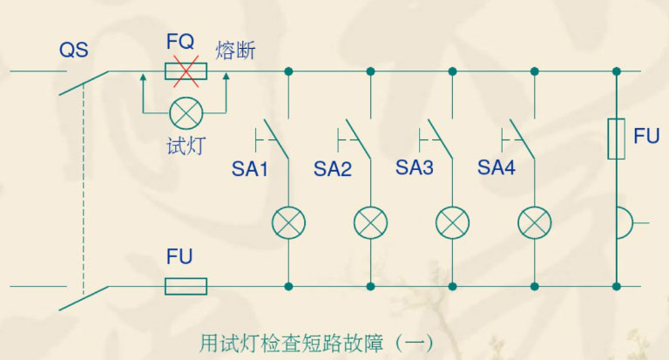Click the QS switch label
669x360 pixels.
pos(74,50)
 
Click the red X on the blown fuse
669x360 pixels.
pos(185,71)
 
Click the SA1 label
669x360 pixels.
pos(250,169)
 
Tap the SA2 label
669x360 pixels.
pos(333,169)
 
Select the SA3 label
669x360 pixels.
pos(415,167)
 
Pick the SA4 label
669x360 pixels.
pos(497,167)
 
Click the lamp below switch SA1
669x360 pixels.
pos(288,224)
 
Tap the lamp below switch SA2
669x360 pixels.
pos(370,224)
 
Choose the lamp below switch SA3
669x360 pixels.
pos(452,224)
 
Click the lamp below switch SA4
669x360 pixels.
pos(534,224)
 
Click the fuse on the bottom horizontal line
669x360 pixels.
pos(186,286)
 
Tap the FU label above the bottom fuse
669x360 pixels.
pos(179,257)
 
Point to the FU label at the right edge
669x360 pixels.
pos(646,137)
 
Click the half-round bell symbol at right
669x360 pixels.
pos(623,223)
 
